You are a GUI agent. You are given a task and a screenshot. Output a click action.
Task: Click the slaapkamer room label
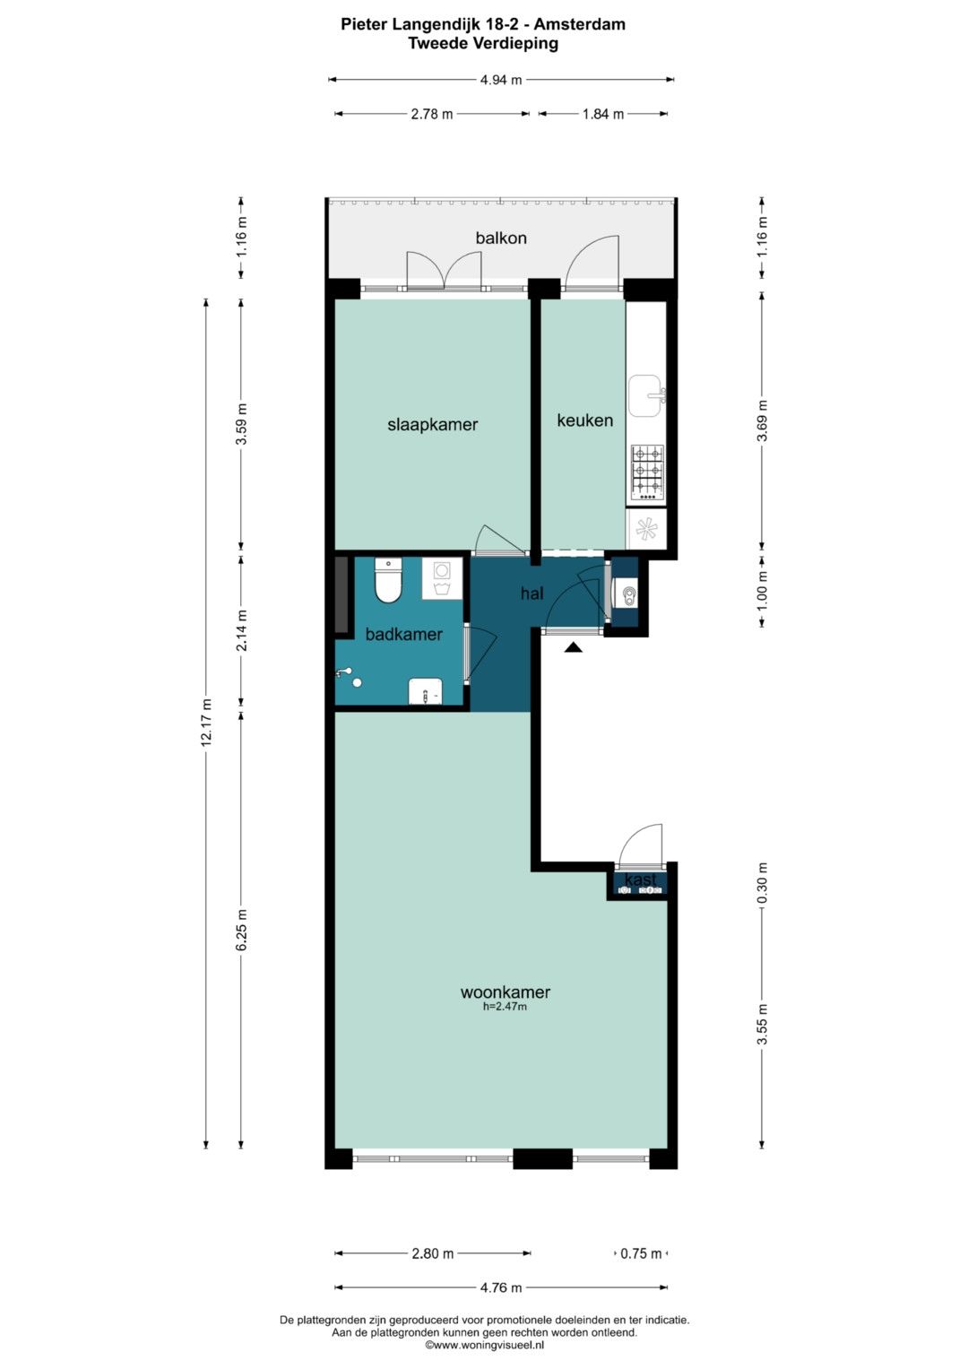click(x=432, y=425)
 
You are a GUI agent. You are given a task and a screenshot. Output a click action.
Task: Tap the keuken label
click(x=584, y=420)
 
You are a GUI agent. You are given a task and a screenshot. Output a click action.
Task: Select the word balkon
click(x=501, y=238)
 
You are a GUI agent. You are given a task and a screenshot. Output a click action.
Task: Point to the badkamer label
click(x=403, y=635)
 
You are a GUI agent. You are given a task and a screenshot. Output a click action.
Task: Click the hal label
click(x=532, y=593)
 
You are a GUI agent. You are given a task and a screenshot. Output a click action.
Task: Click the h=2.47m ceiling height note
click(x=505, y=1007)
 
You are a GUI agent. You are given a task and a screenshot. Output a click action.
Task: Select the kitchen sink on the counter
click(x=646, y=396)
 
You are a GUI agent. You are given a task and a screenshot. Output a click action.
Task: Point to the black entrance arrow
click(x=573, y=647)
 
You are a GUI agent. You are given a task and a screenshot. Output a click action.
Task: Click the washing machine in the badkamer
click(x=442, y=578)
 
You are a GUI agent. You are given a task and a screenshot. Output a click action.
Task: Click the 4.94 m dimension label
click(x=501, y=80)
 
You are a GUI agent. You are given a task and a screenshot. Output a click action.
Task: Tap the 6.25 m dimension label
click(x=242, y=930)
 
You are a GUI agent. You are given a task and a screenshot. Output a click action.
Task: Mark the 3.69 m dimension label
click(x=762, y=420)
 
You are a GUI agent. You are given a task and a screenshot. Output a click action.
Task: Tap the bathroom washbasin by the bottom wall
click(x=426, y=690)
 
